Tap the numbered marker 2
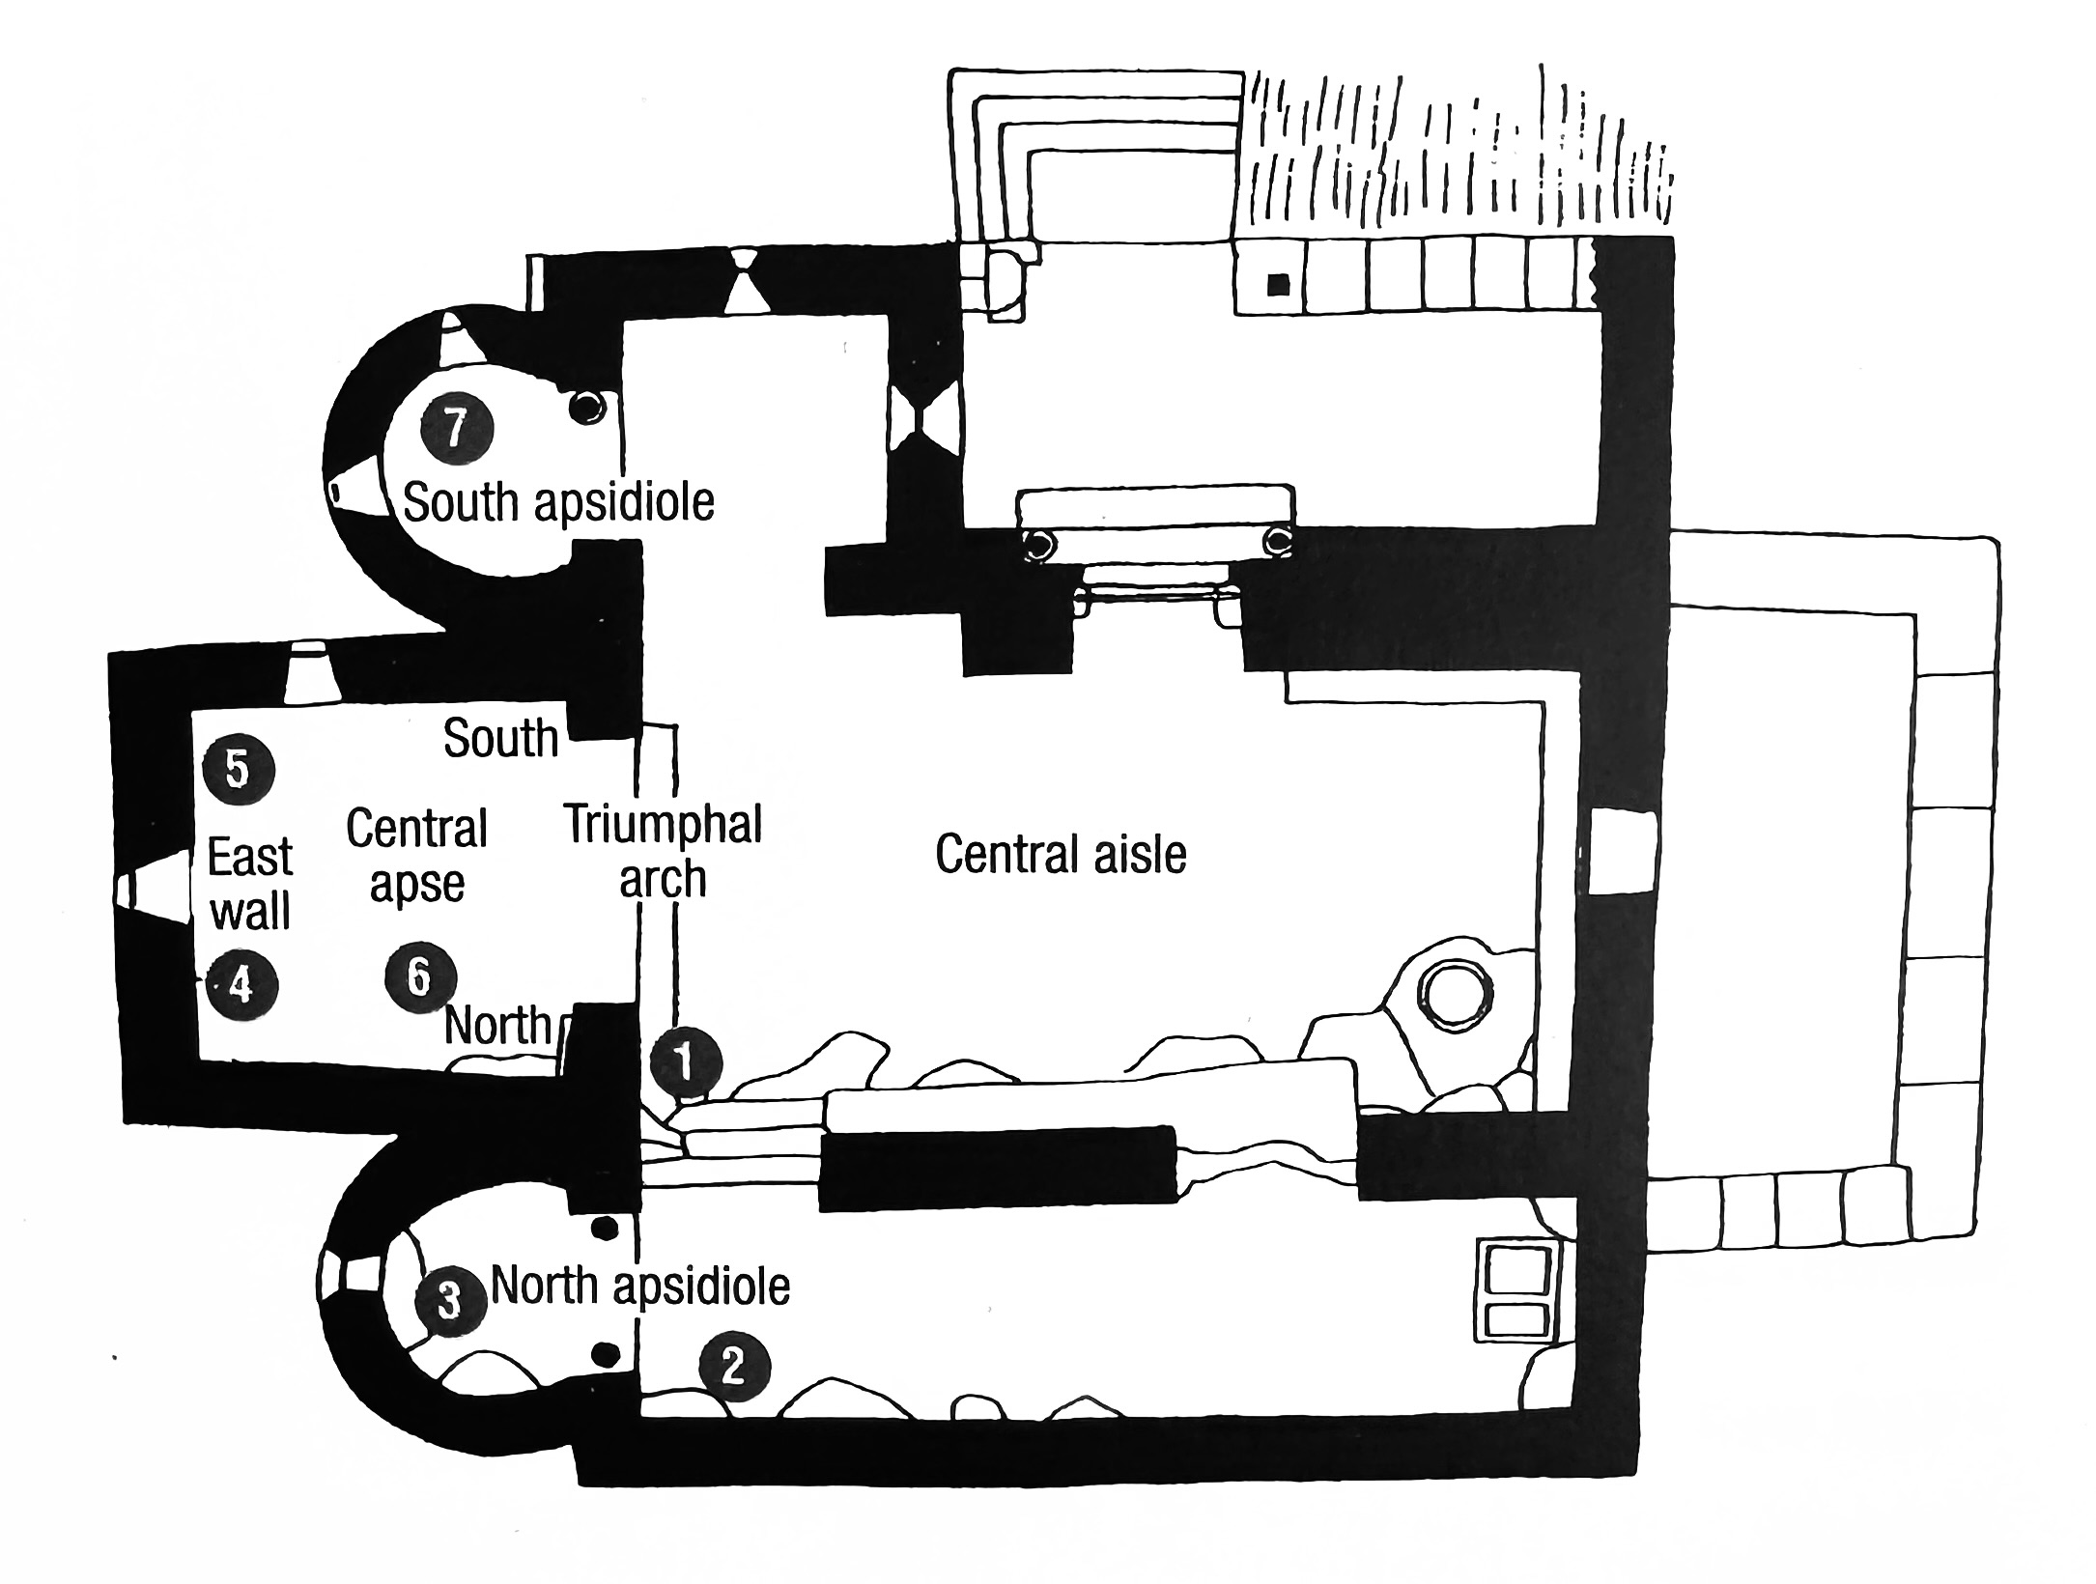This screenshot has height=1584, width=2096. pos(735,1368)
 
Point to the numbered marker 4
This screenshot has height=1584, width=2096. pos(241,985)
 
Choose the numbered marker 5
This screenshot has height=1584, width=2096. pos(239,770)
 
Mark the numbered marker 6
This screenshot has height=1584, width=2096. pos(420,977)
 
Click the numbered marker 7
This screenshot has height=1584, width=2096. pos(456,427)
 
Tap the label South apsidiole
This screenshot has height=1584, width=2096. pos(558,502)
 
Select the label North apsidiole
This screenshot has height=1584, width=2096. pos(640,1287)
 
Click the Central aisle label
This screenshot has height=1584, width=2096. pos(1061,854)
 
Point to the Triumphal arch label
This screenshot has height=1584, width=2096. pos(664,851)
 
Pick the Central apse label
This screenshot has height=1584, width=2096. pos(417,856)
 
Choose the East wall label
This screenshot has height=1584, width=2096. pos(250,885)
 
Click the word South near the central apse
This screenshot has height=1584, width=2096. pos(500,739)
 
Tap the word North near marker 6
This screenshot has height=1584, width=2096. pos(497,1026)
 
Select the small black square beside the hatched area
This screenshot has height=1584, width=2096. pos(1278,284)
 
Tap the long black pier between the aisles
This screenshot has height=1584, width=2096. pos(998,1168)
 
